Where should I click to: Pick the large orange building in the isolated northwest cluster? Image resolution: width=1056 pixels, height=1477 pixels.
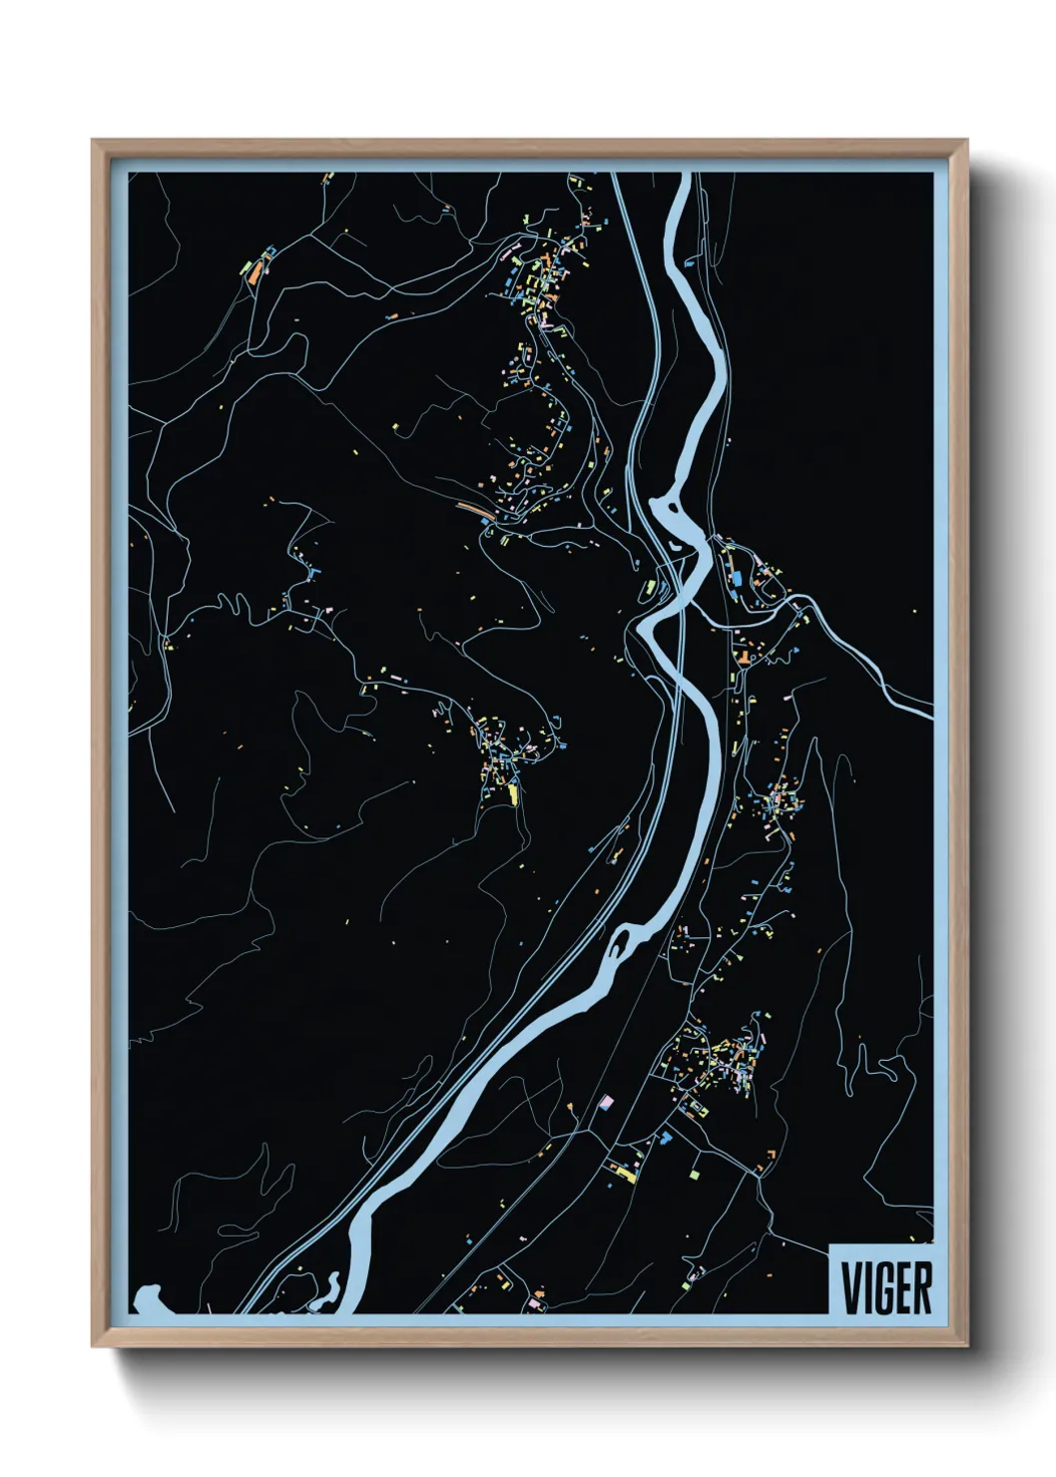coord(255,270)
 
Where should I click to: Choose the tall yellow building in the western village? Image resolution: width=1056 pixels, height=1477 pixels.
coord(514,794)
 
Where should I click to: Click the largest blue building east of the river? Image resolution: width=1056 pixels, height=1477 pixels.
coord(737,579)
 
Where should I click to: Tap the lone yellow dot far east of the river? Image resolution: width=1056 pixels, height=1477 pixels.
coord(913,611)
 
